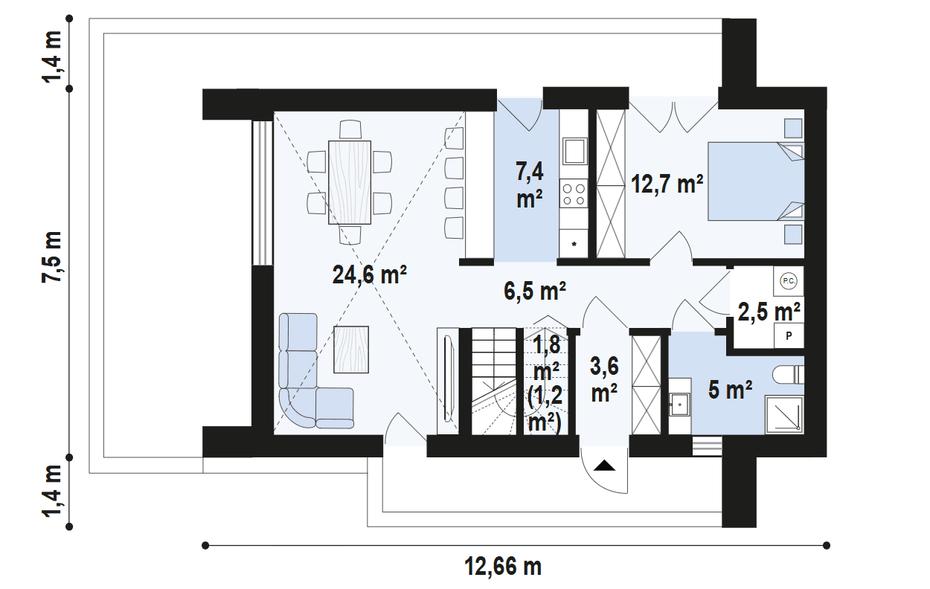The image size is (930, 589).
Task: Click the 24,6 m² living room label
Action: (370, 274)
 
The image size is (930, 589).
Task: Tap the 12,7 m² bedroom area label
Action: (667, 184)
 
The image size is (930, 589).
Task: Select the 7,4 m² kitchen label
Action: (530, 184)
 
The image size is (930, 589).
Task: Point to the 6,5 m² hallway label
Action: (535, 290)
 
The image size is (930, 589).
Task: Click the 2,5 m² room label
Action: (769, 312)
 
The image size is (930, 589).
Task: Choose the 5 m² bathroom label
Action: (730, 390)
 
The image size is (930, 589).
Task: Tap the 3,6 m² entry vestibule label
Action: (604, 379)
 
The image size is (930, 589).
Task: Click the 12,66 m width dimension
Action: (503, 567)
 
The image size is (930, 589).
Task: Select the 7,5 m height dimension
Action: (52, 257)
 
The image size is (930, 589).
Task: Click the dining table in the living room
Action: (350, 182)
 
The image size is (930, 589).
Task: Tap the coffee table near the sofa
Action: (351, 349)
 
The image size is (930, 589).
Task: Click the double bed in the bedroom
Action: (756, 181)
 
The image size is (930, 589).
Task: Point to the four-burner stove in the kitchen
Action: (574, 193)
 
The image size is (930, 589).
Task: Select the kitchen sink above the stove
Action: (574, 152)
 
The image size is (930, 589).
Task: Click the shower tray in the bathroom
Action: (784, 414)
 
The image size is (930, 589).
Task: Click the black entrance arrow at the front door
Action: (604, 466)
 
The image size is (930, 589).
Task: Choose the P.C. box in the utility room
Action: (789, 281)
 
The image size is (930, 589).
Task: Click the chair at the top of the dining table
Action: (350, 129)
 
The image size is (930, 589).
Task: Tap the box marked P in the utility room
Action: (789, 335)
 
